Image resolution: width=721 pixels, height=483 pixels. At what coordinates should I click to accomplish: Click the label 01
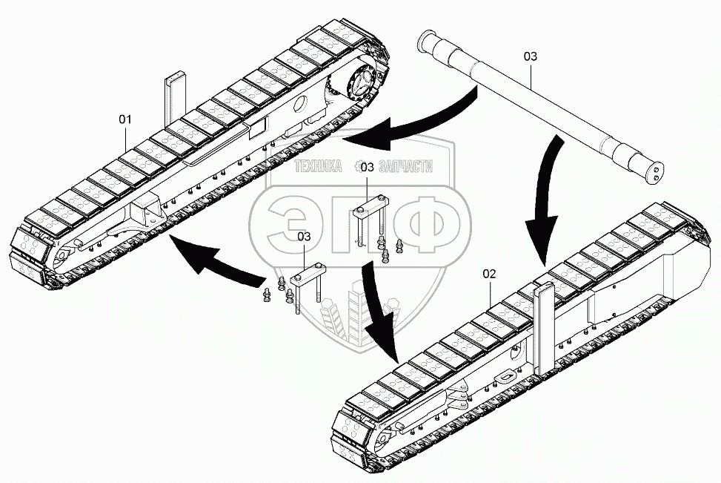(125, 119)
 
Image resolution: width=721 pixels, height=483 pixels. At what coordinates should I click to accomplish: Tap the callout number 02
(488, 273)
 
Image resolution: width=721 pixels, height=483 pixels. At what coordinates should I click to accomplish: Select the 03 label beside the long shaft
(531, 56)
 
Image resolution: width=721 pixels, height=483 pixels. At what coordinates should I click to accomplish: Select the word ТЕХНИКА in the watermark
(318, 168)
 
